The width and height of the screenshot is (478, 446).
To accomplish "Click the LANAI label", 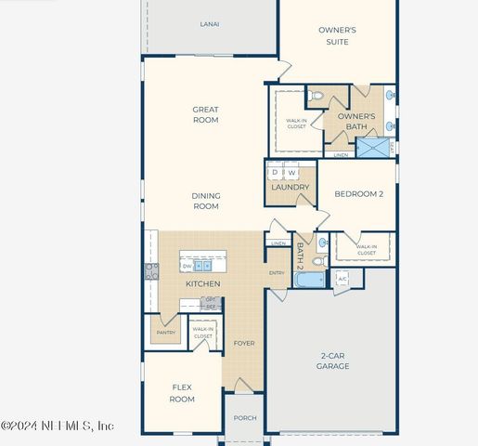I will coord(210,23).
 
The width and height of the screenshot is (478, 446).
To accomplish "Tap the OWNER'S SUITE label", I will coord(337,36).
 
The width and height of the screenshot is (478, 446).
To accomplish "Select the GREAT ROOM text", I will coord(205,115).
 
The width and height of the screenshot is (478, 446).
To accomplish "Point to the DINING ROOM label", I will coord(205,201).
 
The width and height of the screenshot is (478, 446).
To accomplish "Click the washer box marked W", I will coord(291,173).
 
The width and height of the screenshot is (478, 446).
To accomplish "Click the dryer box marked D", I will coord(276,173).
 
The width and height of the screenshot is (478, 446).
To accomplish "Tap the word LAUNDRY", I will coord(290,188).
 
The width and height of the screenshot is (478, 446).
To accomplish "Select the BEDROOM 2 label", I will coord(357,194).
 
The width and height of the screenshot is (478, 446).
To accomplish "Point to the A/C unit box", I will coord(342,279).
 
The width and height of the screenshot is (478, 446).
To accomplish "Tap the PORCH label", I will coord(245,418).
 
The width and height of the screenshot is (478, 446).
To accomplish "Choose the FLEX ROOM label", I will coord(182,393).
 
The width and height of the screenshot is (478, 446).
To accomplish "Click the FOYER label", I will coord(244,344).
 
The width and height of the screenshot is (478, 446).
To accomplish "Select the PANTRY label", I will coord(165,332).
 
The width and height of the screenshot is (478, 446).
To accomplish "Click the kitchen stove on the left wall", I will coord(151,271).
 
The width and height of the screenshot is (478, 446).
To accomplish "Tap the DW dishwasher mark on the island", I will coord(187,267).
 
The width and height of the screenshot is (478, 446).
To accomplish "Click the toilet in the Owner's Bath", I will coord(316,95).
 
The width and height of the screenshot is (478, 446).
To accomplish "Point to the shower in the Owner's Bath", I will coord(375,147).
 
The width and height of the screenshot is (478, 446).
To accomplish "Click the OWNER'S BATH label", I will coord(356,122).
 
